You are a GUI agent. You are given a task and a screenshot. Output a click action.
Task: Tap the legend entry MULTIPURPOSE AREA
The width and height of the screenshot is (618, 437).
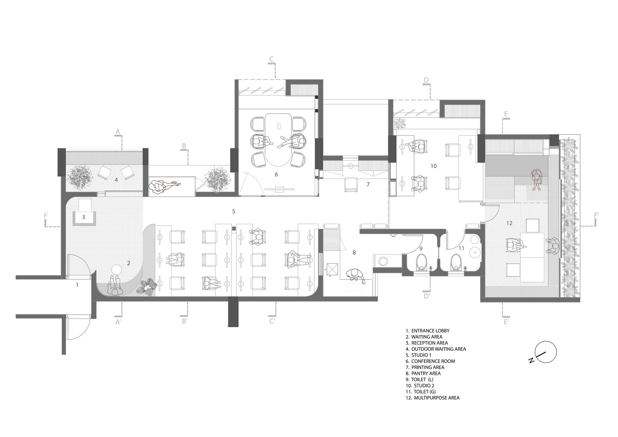point(433,398)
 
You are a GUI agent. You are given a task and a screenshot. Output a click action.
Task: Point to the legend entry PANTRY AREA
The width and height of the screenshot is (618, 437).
point(423,373)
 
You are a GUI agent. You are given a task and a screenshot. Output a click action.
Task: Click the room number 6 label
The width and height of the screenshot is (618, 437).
point(276,174)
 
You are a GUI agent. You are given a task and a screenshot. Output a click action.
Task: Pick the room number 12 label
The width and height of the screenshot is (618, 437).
point(510,223)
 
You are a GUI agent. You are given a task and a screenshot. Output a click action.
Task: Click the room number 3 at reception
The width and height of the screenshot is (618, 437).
point(83,217)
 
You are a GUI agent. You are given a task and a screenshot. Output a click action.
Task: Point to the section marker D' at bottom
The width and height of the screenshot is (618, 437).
point(427,296)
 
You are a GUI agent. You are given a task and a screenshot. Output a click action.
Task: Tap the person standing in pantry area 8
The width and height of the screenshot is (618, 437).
point(356,276)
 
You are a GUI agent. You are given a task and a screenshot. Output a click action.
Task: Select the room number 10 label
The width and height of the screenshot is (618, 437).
point(434,166)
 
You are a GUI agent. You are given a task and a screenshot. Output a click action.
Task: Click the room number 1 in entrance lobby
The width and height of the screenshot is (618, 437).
point(77,285)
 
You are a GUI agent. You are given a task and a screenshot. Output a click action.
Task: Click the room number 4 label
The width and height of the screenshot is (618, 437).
point(116,179)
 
